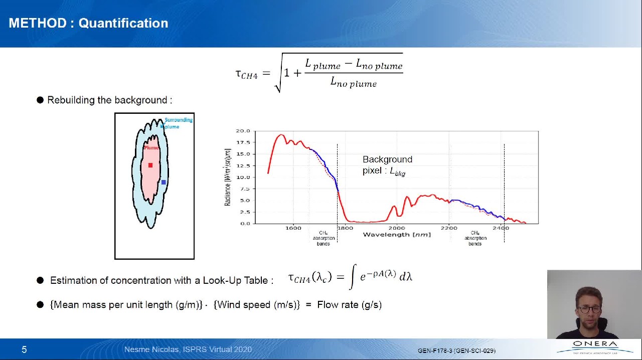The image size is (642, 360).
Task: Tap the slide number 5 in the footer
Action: point(24,349)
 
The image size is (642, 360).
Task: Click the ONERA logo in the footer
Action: point(595,346)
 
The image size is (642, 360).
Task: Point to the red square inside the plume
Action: point(150,165)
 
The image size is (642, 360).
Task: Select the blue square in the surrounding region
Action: point(164,183)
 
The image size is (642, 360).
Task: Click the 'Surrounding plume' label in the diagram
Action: point(177,123)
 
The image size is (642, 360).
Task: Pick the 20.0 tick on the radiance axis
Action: point(243,131)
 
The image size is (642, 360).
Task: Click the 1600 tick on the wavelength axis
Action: point(293,228)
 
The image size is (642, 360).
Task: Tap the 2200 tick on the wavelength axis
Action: point(449,228)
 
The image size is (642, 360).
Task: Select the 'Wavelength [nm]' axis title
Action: point(396,234)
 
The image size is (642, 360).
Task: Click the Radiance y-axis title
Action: point(227,177)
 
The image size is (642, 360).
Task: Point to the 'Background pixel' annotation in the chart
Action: point(387,165)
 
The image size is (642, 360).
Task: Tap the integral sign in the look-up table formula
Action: point(353,277)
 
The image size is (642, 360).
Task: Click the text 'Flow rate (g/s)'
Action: point(349,304)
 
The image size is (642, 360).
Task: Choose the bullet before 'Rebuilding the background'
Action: point(40,100)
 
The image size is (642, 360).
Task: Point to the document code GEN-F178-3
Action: point(435,350)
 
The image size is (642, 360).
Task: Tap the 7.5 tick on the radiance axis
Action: point(245,189)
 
